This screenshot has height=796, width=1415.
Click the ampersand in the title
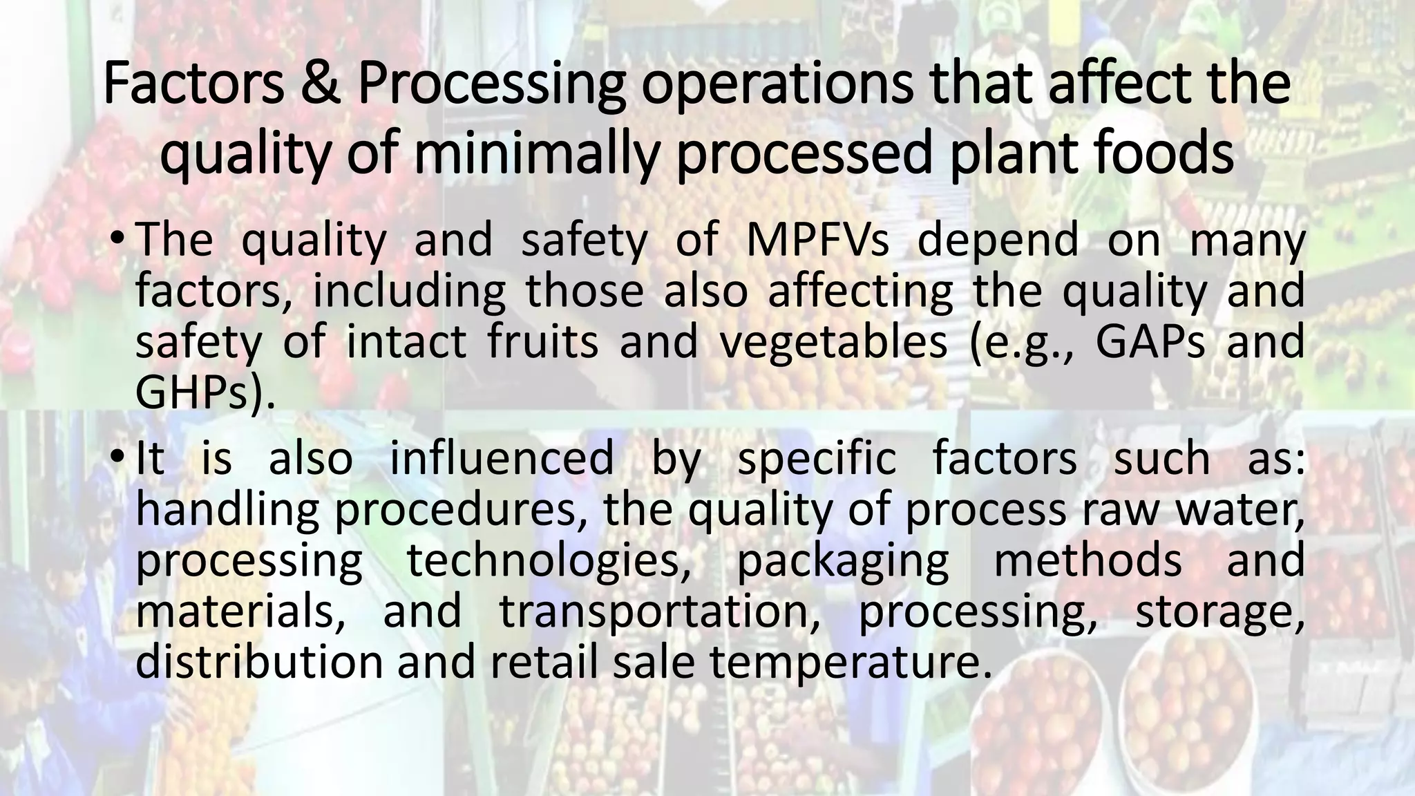320,84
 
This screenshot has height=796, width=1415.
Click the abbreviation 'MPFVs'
818,240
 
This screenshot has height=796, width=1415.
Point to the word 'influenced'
502,459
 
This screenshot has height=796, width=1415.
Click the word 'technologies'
549,561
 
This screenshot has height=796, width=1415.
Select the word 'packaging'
843,561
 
